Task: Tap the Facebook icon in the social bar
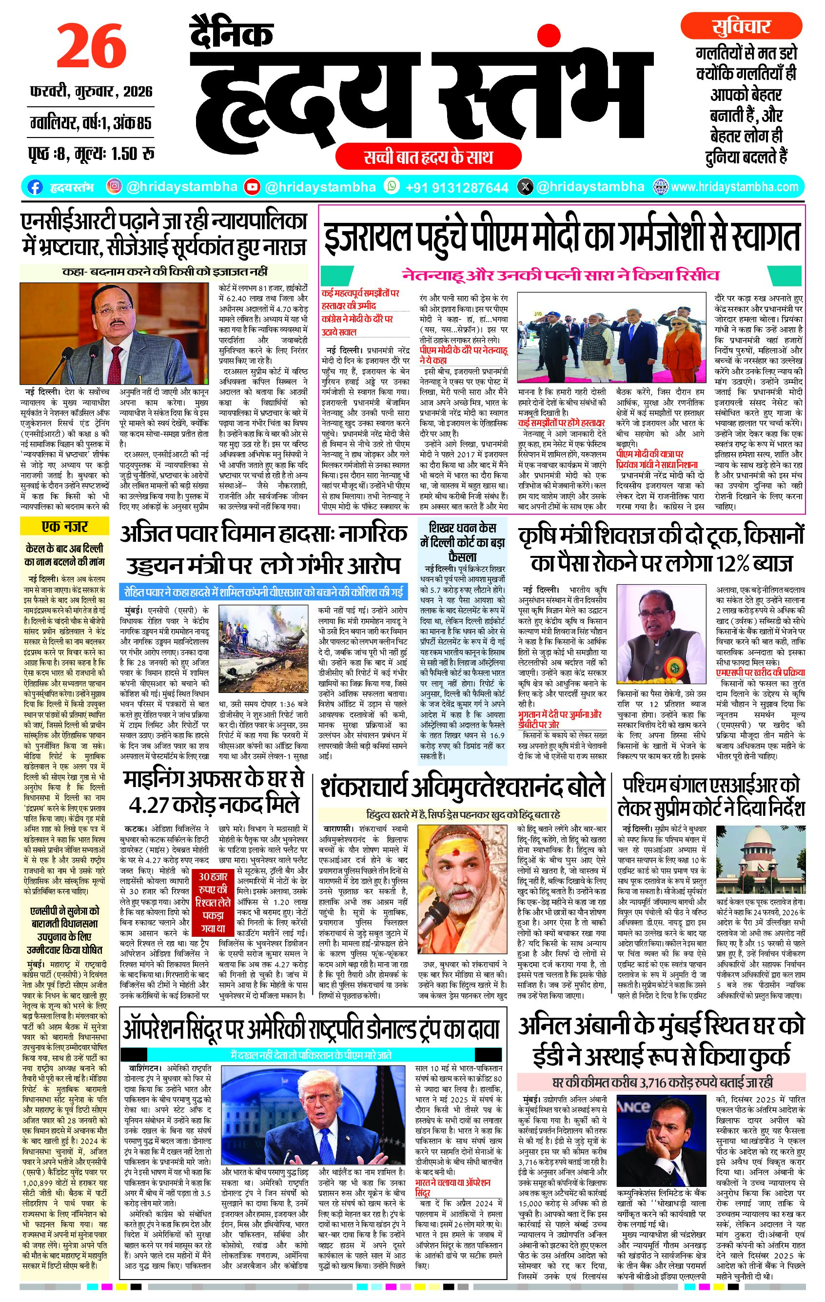[35, 187]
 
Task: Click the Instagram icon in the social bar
[114, 187]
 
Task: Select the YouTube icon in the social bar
[252, 187]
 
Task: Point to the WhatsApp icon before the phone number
[392, 186]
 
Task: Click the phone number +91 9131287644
[457, 188]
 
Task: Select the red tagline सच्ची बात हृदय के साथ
[428, 158]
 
